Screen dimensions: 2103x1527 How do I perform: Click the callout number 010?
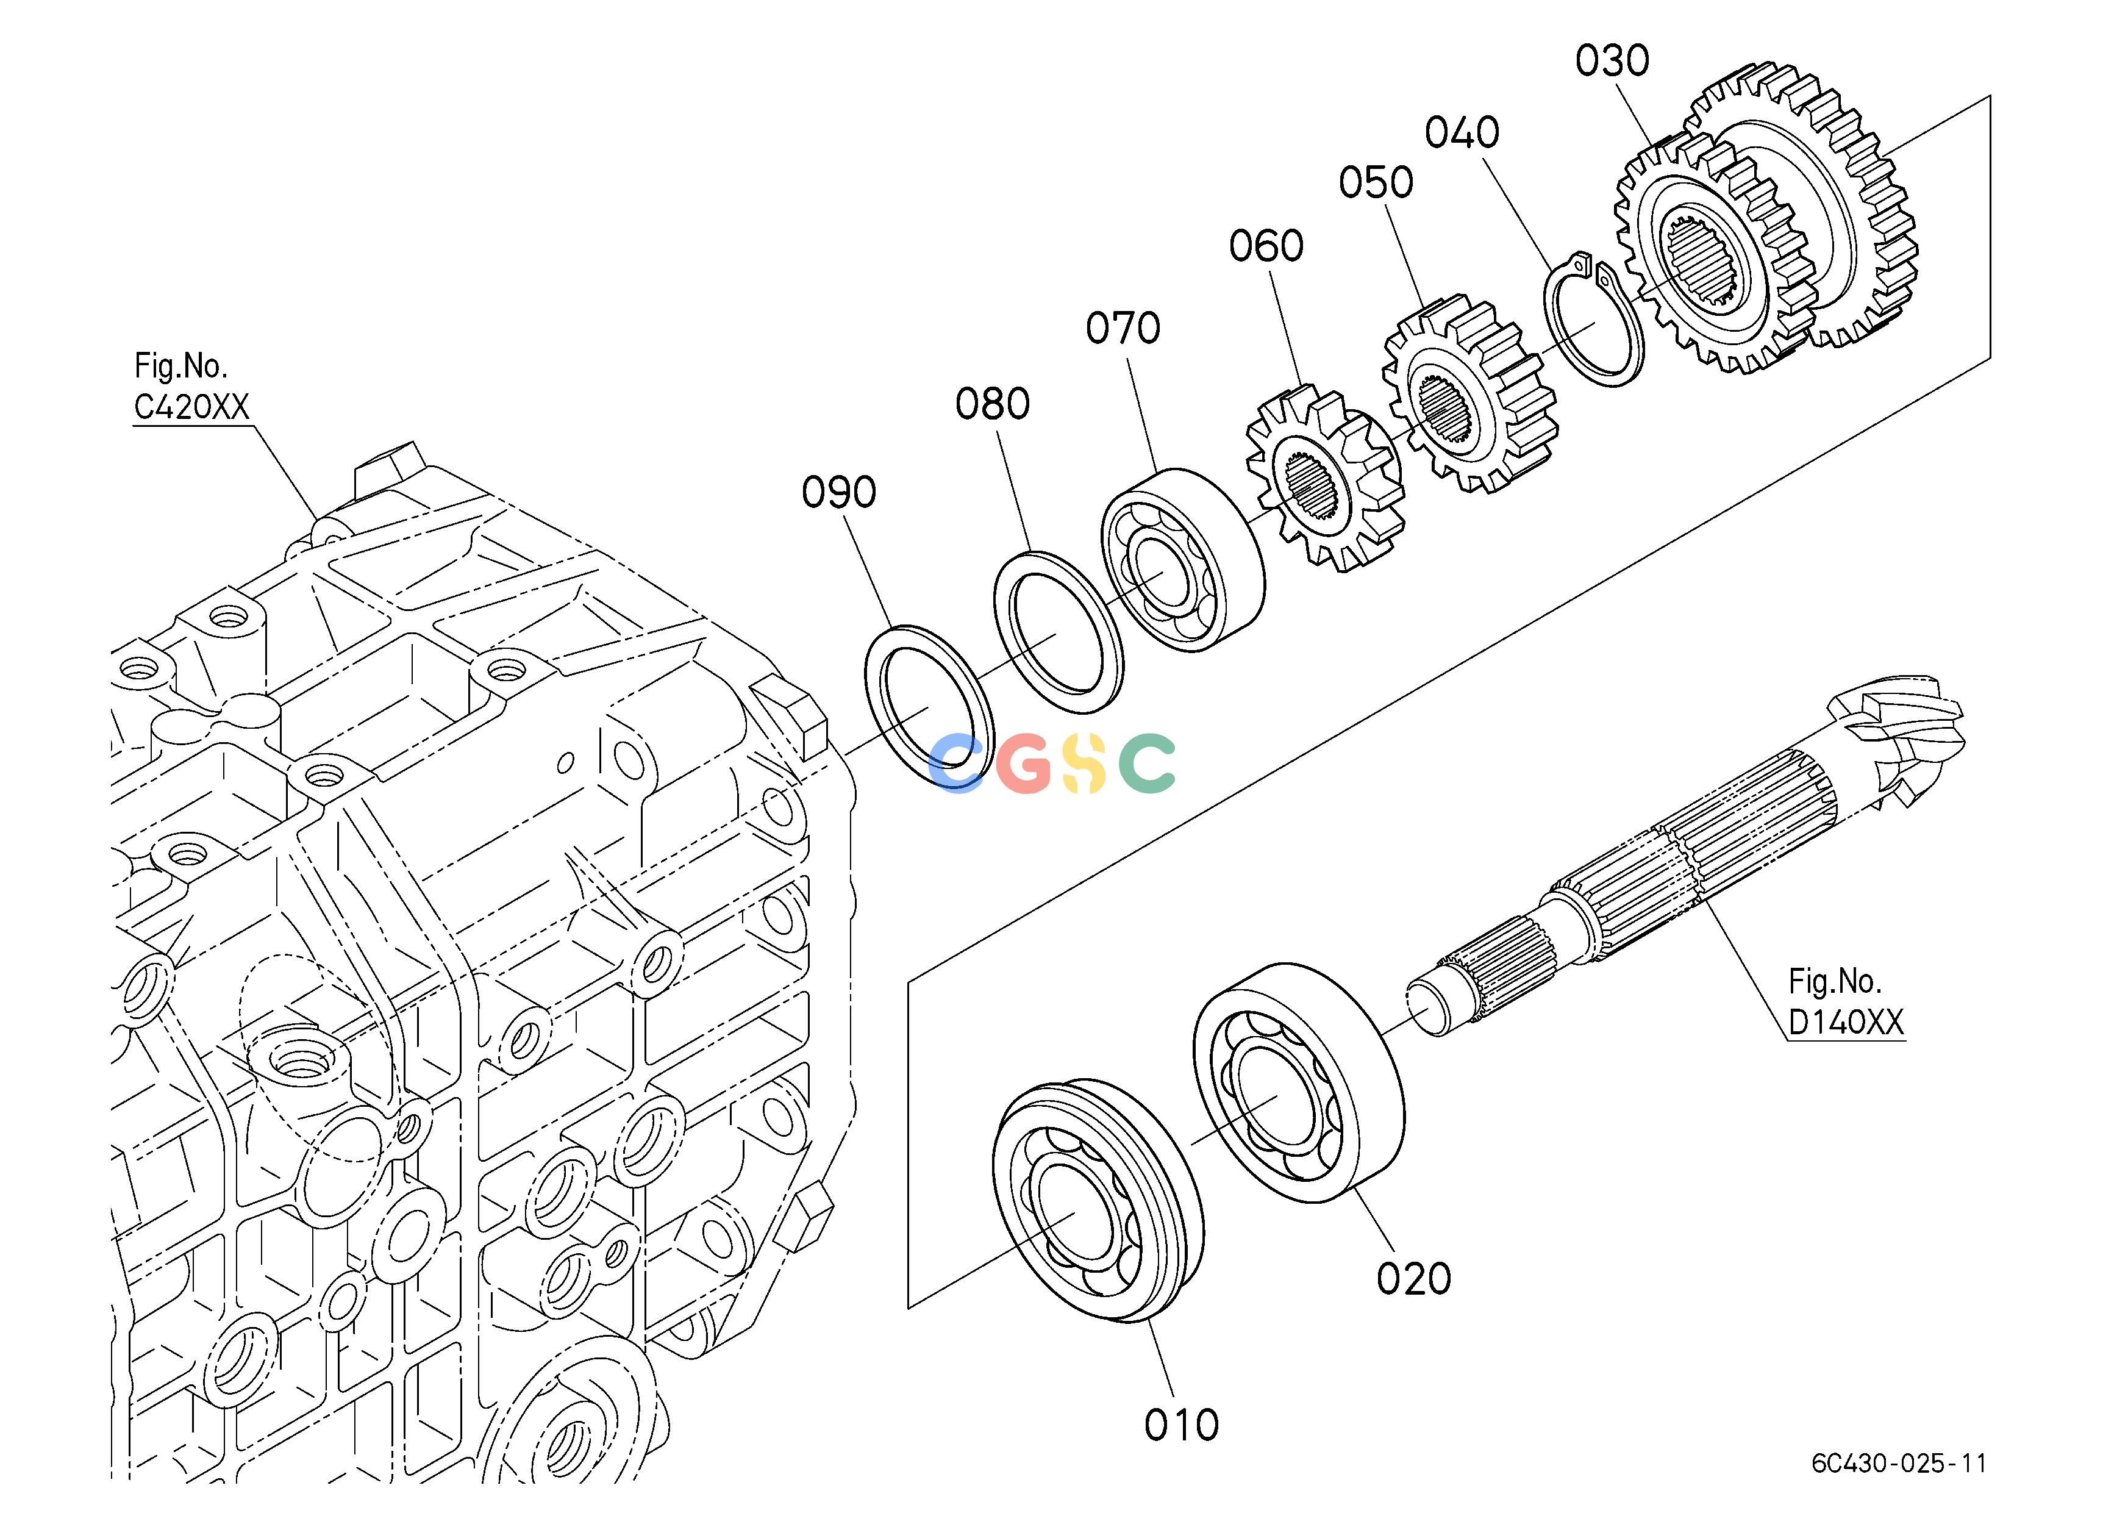[1181, 1424]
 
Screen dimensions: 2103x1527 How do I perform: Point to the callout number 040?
[1462, 132]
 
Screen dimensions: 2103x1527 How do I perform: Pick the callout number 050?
[1376, 183]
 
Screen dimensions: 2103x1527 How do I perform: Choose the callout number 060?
[1266, 246]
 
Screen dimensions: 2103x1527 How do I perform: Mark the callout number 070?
[1123, 328]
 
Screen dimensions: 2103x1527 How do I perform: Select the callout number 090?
[839, 492]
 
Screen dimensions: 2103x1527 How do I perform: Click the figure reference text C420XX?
[192, 407]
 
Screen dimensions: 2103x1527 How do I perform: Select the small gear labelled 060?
[1323, 479]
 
